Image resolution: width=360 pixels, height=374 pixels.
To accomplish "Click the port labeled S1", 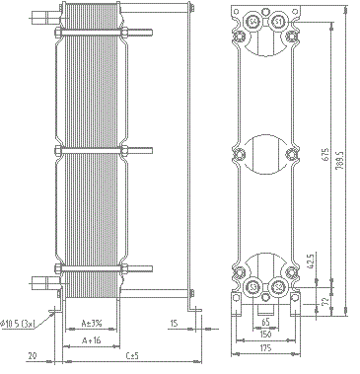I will click(279, 23).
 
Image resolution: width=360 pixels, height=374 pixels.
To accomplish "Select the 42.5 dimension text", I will click(311, 261).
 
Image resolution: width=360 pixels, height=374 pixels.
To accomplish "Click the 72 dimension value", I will click(324, 299).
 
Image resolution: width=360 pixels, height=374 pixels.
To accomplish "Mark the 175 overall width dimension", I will click(265, 349).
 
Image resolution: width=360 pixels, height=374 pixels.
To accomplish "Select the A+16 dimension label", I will click(91, 340).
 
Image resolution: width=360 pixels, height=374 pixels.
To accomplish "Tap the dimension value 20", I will click(32, 354).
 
